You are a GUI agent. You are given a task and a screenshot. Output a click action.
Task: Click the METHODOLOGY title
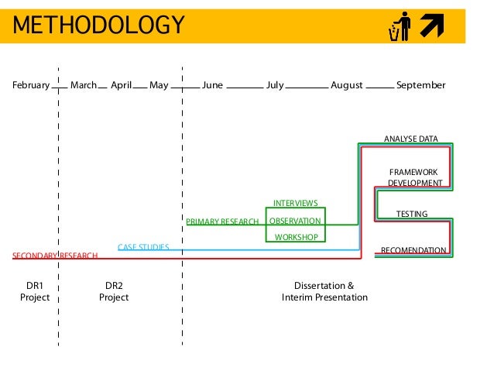98,26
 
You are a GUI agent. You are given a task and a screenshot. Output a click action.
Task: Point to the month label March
83,85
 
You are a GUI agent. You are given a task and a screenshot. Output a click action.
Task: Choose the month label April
121,85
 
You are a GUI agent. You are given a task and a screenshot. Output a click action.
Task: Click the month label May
159,85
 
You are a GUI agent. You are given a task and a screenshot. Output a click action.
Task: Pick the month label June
212,85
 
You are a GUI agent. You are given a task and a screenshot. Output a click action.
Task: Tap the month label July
275,85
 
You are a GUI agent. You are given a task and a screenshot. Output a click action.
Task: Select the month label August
346,85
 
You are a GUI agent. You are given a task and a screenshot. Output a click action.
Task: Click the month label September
420,85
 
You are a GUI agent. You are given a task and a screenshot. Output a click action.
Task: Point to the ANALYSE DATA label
411,139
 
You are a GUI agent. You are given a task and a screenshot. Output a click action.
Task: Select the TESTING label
412,213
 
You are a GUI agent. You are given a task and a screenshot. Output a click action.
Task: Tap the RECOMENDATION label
413,250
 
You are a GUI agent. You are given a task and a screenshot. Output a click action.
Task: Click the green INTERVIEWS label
296,203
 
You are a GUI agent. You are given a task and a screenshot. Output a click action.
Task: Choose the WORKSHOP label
296,237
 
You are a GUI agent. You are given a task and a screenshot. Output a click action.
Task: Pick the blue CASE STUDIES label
143,247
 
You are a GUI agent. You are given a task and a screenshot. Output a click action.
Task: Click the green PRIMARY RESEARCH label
222,222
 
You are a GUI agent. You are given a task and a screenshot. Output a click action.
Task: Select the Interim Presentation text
324,297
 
